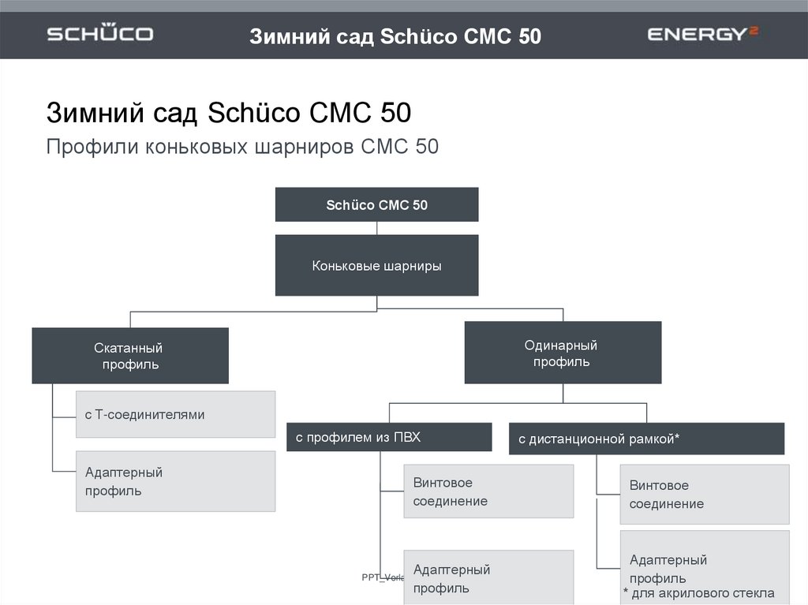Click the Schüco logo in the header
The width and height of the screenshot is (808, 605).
(x=99, y=34)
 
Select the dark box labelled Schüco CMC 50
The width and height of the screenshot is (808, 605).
(x=376, y=205)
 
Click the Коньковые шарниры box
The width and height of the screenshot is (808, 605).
(x=376, y=266)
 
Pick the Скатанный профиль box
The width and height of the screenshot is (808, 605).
(x=130, y=356)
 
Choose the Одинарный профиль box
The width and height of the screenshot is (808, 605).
(x=562, y=353)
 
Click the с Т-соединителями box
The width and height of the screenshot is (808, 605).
(x=175, y=414)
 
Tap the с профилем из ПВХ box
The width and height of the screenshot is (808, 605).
(x=388, y=437)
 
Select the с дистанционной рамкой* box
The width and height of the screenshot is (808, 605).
(x=646, y=439)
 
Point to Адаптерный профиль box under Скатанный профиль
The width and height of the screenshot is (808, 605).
(x=175, y=481)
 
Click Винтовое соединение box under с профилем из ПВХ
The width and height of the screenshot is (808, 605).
(x=488, y=491)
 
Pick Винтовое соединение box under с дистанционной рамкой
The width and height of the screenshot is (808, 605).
(x=704, y=495)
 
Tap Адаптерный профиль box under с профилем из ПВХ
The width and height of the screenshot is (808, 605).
(x=488, y=577)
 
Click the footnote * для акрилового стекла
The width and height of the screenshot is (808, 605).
(x=698, y=593)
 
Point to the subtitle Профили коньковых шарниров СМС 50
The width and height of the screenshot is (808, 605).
(x=242, y=148)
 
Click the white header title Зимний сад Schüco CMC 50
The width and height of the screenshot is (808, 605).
(x=395, y=36)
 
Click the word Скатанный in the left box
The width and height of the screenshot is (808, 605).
(x=129, y=348)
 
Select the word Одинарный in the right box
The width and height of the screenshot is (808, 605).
(x=560, y=345)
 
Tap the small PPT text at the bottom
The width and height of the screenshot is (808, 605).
(x=382, y=577)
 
